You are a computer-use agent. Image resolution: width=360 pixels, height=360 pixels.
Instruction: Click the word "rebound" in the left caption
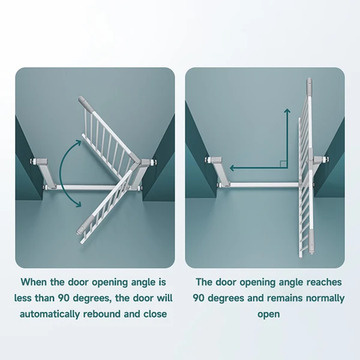click(x=102, y=314)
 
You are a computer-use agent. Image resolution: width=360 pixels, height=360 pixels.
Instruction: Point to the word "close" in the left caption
click(x=155, y=314)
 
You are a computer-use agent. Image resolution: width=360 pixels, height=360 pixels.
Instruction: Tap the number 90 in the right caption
click(x=199, y=298)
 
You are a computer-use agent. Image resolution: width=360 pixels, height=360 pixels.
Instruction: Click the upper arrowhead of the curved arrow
click(x=78, y=143)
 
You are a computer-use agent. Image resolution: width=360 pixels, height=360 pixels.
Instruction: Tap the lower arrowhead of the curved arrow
click(x=78, y=204)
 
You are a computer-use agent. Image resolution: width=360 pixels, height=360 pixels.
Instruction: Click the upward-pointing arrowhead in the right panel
click(x=287, y=111)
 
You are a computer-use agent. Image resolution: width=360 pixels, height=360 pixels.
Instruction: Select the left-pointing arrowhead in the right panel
click(x=232, y=168)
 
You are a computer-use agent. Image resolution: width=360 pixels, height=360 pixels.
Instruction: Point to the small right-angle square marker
click(x=283, y=164)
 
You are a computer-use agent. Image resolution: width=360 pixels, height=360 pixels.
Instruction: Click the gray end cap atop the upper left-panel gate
click(x=85, y=105)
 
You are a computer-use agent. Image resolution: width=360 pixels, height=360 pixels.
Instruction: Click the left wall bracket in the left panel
click(x=45, y=173)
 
